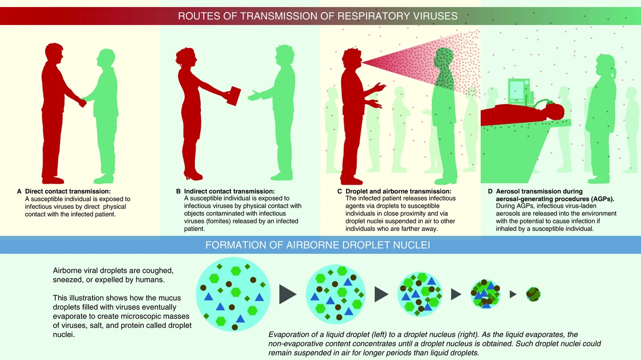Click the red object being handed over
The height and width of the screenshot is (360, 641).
click(234, 96)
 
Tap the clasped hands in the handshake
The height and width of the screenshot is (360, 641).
click(83, 102)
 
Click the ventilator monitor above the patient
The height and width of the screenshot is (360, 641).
click(519, 91)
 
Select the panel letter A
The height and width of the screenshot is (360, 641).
click(19, 191)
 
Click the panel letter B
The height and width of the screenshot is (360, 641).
click(178, 191)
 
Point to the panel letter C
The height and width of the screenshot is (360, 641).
click(340, 191)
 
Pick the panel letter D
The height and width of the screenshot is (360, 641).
click(490, 191)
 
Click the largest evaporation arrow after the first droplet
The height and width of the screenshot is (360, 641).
click(287, 294)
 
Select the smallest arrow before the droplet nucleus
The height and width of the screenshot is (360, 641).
click(513, 294)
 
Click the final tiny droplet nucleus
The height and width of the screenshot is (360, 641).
click(533, 294)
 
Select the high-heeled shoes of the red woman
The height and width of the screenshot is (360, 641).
click(193, 174)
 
